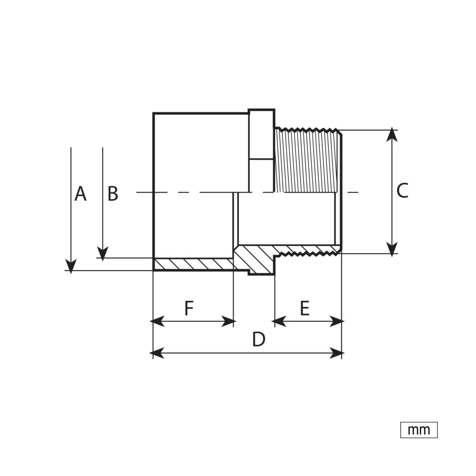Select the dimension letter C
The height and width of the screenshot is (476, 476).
pos(402,191)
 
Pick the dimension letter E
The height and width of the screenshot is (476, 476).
pos(305,308)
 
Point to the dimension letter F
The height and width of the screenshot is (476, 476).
pos(189,308)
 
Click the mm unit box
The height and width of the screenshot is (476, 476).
pos(419,430)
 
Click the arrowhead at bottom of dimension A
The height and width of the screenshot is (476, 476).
pos(71,266)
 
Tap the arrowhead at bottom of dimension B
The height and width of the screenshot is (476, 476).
pos(103,254)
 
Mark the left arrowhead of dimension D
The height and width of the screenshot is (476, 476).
pos(157,353)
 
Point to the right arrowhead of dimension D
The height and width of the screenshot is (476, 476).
pos(337,353)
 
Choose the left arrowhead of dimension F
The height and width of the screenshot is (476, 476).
pos(157,321)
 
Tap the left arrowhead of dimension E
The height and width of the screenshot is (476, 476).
pos(279,321)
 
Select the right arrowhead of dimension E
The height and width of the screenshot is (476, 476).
pos(337,321)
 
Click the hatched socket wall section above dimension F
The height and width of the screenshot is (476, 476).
pos(193,264)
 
